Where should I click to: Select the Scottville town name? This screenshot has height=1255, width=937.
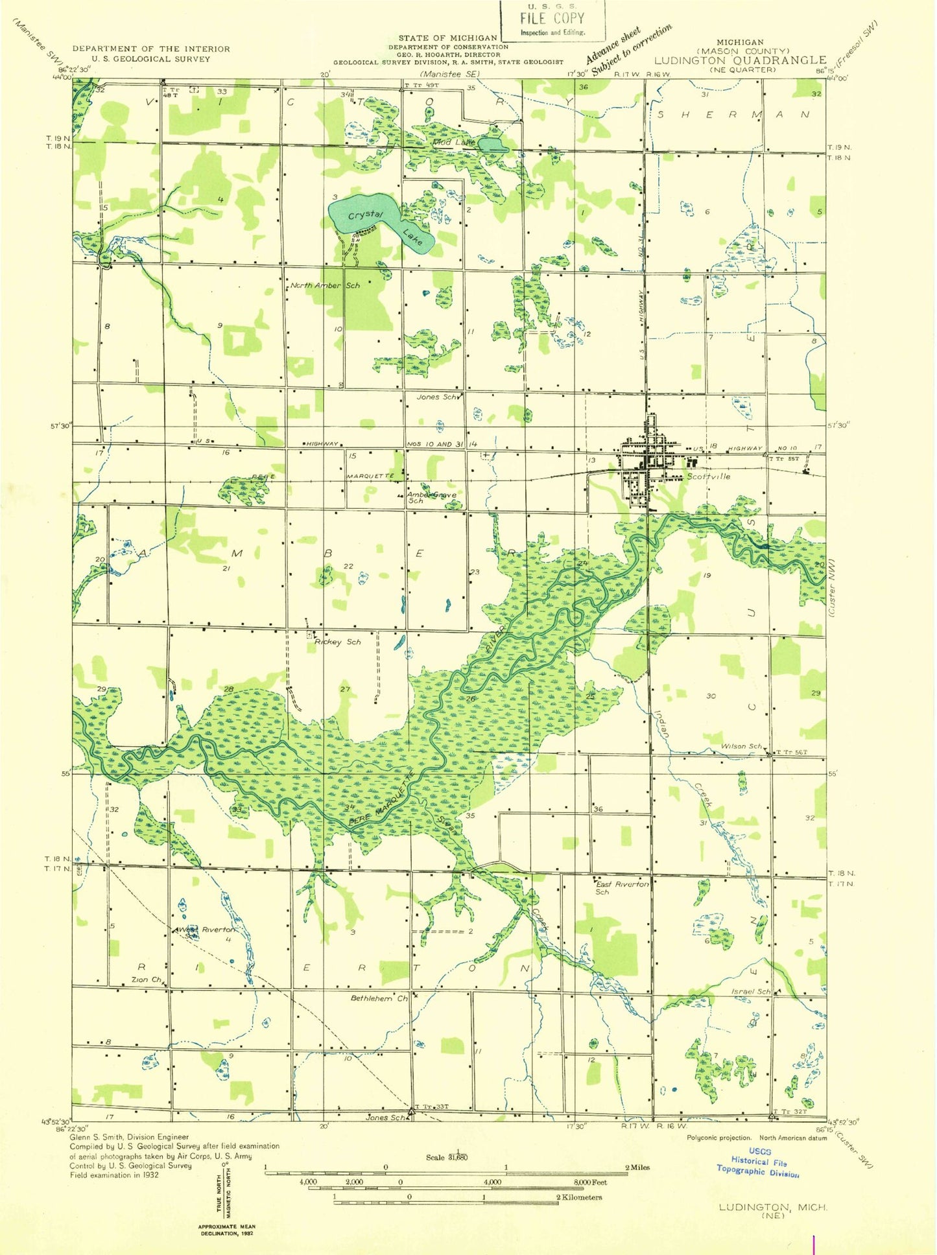click(708, 476)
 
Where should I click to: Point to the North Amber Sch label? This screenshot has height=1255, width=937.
click(324, 285)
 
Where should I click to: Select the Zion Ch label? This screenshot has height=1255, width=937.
click(146, 979)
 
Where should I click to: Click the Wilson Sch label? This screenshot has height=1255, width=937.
click(741, 746)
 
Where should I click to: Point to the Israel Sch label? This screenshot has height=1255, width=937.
click(751, 992)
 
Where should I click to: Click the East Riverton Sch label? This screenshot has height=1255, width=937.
click(621, 887)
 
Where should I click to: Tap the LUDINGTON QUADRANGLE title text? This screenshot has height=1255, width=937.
click(739, 60)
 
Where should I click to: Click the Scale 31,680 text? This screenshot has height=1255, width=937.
click(447, 1157)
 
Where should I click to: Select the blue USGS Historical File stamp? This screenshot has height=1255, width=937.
click(757, 1162)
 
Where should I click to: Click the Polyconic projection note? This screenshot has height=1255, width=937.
click(718, 1138)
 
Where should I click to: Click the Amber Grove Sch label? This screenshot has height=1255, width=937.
click(431, 497)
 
